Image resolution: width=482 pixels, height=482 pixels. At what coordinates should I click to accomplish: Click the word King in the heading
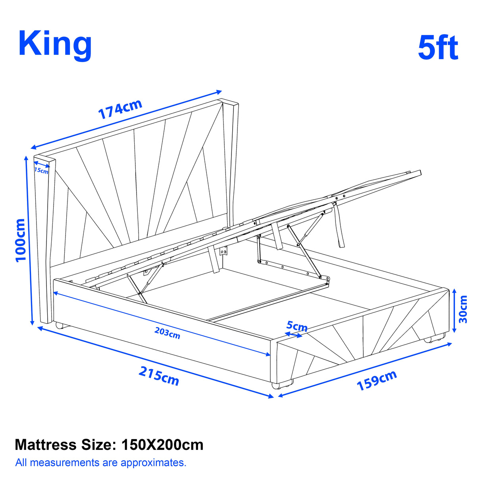coord(55,45)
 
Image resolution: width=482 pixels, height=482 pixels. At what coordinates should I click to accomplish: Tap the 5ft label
coord(438,48)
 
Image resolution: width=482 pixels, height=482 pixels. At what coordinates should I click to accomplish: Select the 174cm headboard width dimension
coord(120,109)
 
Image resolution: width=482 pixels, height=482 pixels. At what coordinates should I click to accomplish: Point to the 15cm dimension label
coord(41,171)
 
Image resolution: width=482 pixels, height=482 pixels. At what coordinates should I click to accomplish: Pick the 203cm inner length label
coord(167,333)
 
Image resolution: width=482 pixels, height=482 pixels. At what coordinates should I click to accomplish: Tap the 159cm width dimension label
coord(377,380)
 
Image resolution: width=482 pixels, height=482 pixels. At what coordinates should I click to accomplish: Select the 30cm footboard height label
coord(463,309)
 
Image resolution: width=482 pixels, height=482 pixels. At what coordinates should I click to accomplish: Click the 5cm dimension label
coord(297,326)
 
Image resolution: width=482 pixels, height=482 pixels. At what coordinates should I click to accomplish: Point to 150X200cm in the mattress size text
coord(162,445)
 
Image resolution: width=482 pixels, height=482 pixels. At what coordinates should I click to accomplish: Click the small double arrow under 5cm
coord(293,335)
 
